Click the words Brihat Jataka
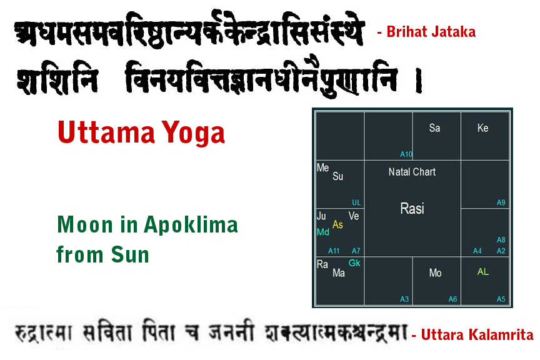click(x=431, y=32)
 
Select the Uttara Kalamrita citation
click(x=477, y=336)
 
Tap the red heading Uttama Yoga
click(x=141, y=132)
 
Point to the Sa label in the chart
click(x=434, y=128)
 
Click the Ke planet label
click(x=482, y=128)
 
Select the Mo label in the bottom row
click(x=435, y=273)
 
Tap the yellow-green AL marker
click(x=483, y=272)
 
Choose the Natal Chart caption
click(x=412, y=172)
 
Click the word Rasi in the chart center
click(x=412, y=209)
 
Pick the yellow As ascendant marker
click(x=337, y=225)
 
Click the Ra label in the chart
click(x=322, y=264)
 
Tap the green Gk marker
click(x=354, y=263)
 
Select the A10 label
click(x=406, y=154)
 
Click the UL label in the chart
click(x=356, y=202)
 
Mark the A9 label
click(x=501, y=202)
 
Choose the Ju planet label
click(x=322, y=216)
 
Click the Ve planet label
click(x=354, y=216)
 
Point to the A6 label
click(x=453, y=299)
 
